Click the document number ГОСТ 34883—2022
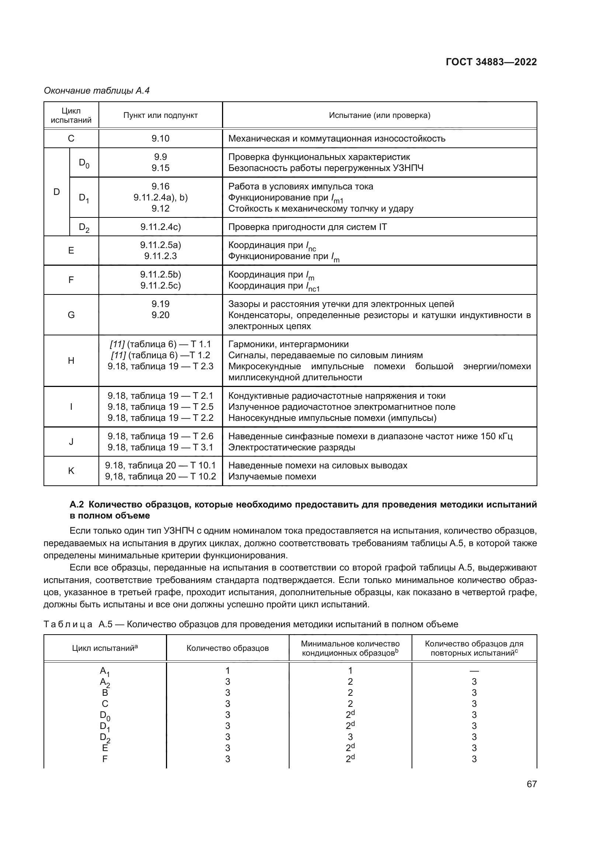pos(491,62)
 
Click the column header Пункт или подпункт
pos(160,115)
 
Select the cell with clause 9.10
pos(160,139)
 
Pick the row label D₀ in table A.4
pos(84,163)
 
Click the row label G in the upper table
pos(71,315)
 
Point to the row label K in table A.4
pos(71,471)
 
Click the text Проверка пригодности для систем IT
pos(307,227)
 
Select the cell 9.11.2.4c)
pos(160,227)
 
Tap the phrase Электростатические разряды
pos(291,447)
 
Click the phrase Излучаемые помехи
pos(272,477)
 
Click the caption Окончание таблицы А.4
pos(97,91)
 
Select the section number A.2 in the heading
pos(77,505)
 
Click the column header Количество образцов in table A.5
pos(228,648)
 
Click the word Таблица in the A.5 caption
pos(68,624)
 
